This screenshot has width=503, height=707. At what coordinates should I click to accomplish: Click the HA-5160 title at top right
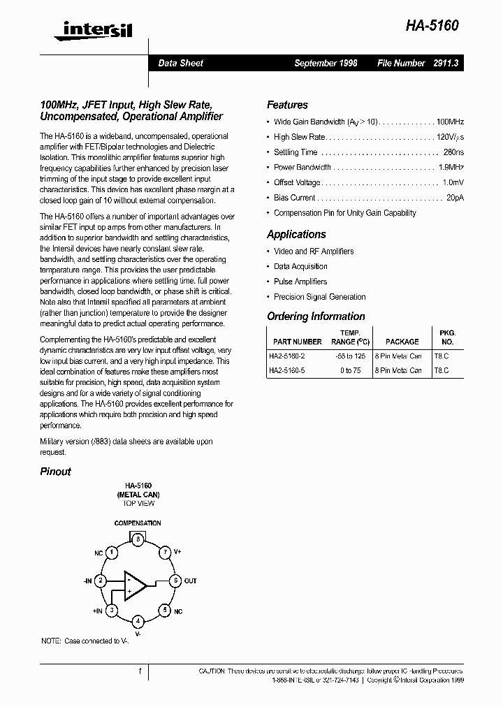point(433,25)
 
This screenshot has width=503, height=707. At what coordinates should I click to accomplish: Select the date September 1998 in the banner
point(326,63)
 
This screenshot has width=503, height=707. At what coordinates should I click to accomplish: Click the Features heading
point(287,105)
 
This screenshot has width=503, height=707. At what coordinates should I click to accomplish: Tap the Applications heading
point(296,235)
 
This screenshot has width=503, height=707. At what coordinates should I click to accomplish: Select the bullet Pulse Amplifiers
point(300,282)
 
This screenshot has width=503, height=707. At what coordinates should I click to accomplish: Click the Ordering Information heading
point(316,316)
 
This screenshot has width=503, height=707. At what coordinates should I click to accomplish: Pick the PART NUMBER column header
point(298,342)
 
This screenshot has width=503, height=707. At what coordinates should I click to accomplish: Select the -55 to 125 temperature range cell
point(350,356)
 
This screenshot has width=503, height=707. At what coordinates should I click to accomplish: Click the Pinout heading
point(55,472)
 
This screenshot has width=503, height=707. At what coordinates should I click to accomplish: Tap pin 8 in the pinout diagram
point(138,539)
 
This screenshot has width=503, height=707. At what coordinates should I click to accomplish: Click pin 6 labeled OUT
point(175,581)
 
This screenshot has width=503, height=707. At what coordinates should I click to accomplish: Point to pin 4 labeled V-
point(138,621)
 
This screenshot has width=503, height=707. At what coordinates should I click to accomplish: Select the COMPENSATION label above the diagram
point(138,523)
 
